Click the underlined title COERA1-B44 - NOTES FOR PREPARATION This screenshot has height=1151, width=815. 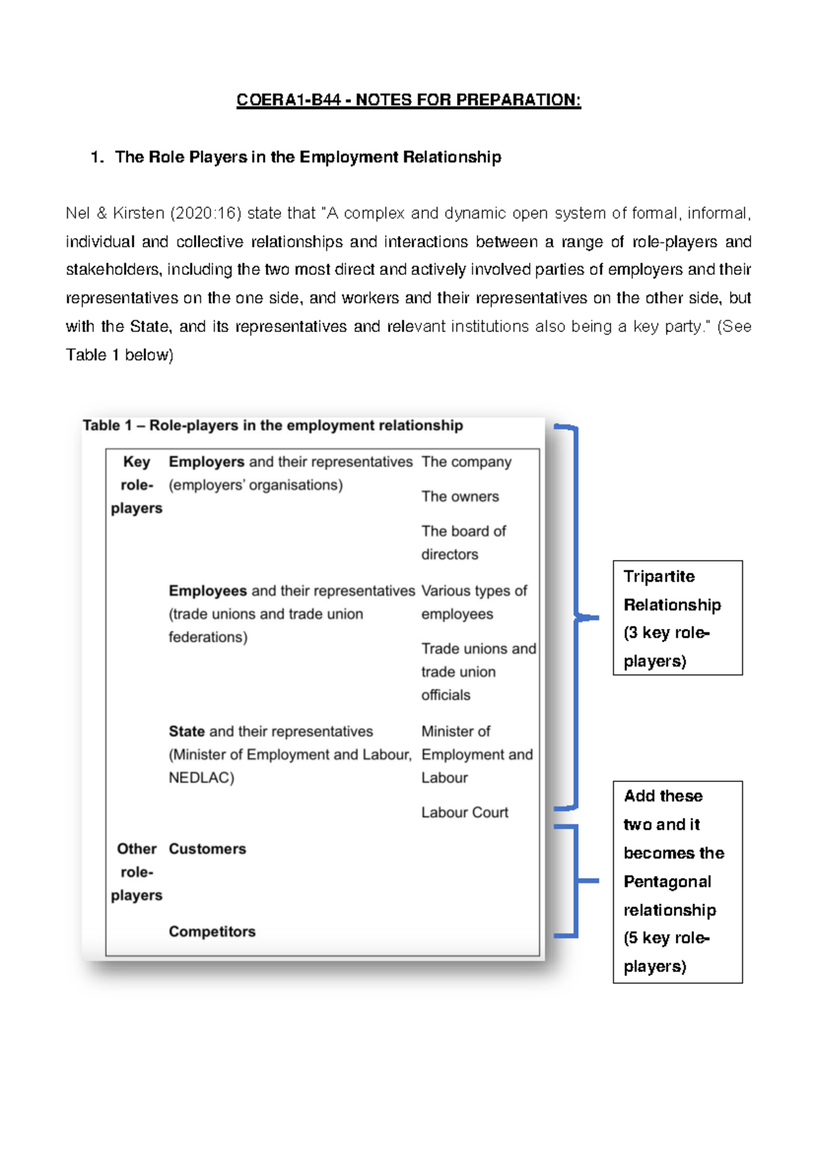[x=408, y=100]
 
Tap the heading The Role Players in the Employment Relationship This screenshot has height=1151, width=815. [x=308, y=157]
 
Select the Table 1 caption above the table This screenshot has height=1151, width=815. [x=272, y=426]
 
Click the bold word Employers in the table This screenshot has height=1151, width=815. [x=206, y=461]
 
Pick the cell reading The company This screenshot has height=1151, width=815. [x=466, y=461]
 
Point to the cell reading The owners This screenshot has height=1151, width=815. [x=460, y=496]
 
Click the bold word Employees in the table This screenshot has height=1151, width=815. [x=207, y=590]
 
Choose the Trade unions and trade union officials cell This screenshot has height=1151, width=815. [x=477, y=671]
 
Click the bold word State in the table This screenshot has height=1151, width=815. [x=187, y=731]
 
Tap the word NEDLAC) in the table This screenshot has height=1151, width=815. [x=201, y=778]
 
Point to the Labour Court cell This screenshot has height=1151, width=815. [x=465, y=812]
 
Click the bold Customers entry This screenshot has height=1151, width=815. [x=207, y=849]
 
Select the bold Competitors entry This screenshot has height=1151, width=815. [x=212, y=931]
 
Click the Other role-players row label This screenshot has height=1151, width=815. [x=137, y=872]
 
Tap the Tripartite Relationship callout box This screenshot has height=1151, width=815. [x=676, y=618]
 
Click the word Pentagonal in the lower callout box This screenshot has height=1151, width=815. [x=667, y=882]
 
